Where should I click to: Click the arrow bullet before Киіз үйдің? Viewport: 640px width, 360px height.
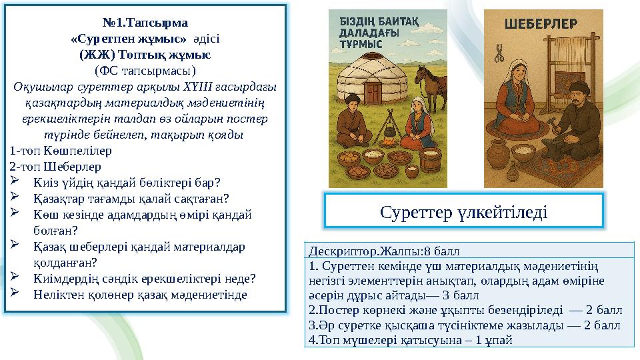[17, 181]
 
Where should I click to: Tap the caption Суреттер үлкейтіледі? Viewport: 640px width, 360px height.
[464, 211]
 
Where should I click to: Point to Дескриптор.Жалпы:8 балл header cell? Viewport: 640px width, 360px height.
[385, 251]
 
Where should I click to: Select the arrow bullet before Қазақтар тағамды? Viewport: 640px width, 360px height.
[17, 197]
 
